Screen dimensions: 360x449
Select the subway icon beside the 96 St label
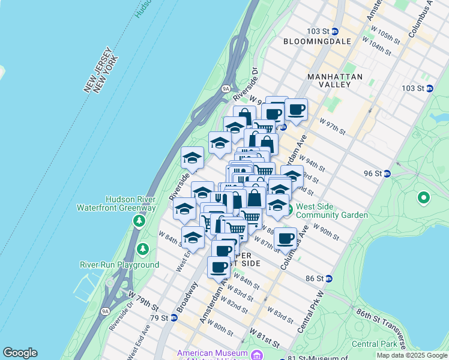387,174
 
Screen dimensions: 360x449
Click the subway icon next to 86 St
337,279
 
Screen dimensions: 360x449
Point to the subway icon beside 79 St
173,317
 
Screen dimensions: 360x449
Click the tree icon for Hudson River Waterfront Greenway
139,221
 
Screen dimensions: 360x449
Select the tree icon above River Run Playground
143,248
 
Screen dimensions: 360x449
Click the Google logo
20,353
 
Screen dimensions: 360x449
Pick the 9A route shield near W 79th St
106,311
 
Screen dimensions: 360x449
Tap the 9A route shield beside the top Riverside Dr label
226,88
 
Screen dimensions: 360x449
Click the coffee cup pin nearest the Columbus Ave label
286,238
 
